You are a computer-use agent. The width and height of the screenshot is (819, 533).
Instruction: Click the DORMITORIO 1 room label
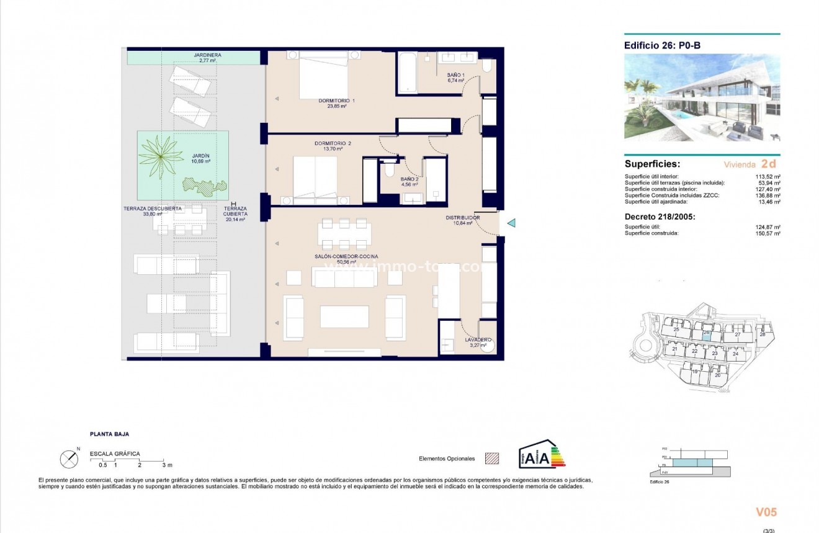tap(337, 101)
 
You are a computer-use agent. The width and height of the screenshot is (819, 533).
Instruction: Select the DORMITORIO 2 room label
tap(333, 144)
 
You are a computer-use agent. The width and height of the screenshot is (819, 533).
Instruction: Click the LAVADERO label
tap(478, 339)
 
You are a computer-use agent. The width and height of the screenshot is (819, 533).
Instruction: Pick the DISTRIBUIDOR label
tap(463, 218)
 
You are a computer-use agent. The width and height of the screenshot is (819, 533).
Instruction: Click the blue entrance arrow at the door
tap(511, 223)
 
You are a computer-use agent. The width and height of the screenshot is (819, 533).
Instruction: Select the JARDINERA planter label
tap(207, 55)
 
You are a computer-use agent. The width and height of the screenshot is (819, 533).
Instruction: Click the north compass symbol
tap(69, 459)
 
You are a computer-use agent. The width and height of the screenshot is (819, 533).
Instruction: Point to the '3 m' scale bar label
tap(166, 465)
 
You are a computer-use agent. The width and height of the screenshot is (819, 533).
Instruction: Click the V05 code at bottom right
tap(766, 512)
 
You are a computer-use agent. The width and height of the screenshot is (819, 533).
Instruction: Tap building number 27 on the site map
tap(737, 334)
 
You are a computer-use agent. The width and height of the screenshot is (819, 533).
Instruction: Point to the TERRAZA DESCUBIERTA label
tap(153, 209)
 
